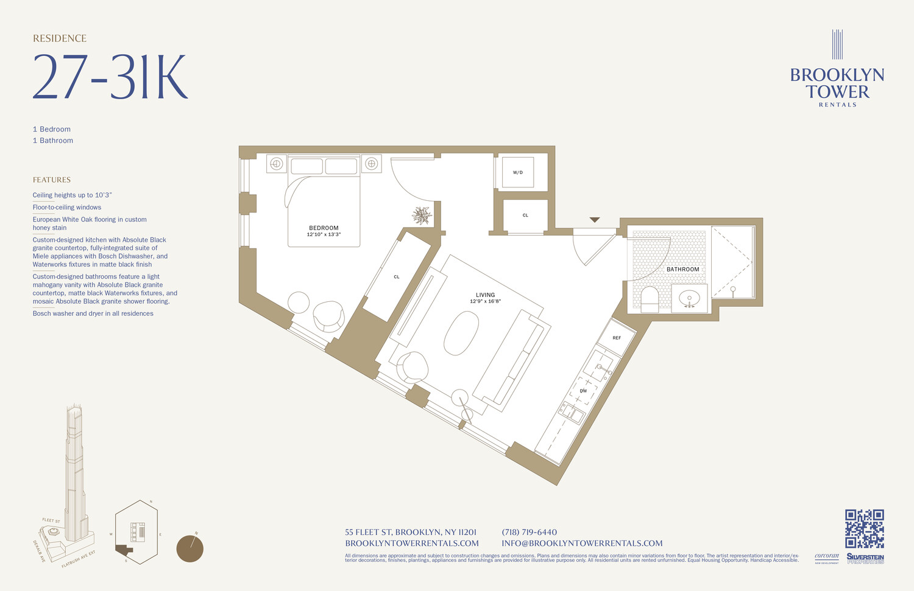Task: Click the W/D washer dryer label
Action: [517, 172]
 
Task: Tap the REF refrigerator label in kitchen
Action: [617, 338]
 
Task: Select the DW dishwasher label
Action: [583, 391]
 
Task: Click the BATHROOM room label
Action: [682, 269]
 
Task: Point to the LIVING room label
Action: [486, 295]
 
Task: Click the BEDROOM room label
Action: [324, 228]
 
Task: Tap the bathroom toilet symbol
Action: [650, 299]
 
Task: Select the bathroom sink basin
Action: [690, 298]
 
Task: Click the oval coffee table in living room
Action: [461, 333]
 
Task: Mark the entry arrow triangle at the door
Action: [595, 220]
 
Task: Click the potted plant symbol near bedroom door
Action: [422, 215]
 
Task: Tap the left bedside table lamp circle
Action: [276, 163]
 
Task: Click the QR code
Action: [864, 528]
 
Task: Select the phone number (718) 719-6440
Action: [529, 532]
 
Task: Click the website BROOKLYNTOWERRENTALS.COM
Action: [412, 543]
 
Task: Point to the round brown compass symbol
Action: [190, 548]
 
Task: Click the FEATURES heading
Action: [52, 180]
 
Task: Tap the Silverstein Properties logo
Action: [865, 558]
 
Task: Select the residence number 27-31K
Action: [110, 77]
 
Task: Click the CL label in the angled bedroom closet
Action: [397, 277]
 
